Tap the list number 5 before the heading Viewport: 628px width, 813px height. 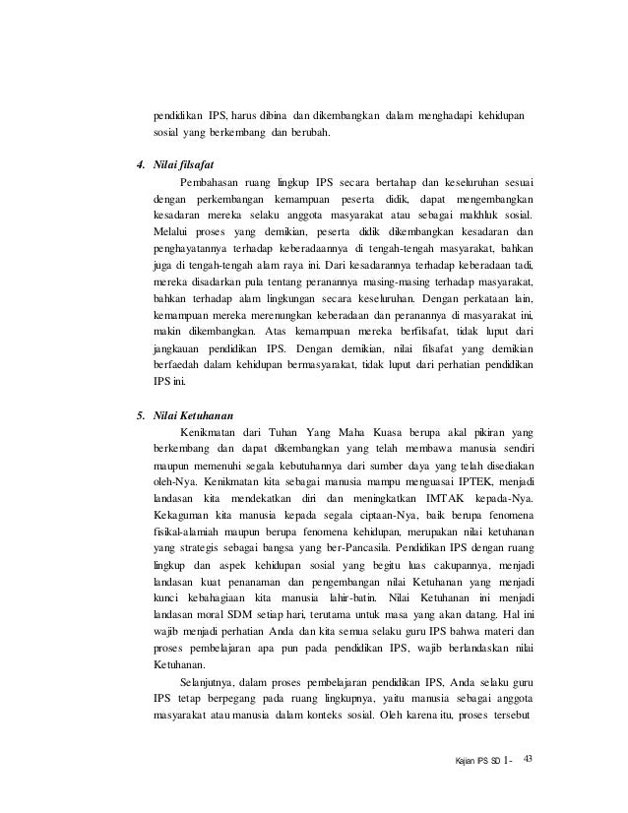(140, 413)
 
